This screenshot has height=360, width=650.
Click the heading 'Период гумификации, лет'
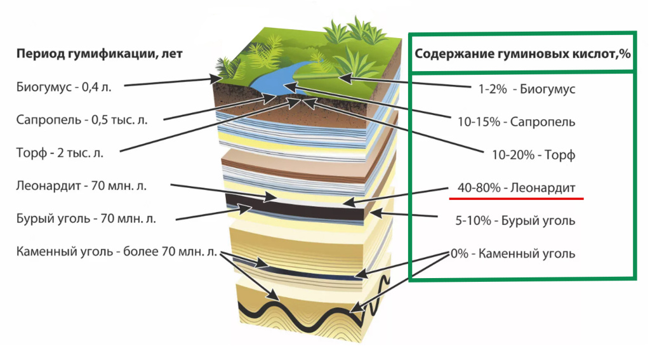coord(99,53)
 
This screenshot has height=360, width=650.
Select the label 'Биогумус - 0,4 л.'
coord(64,86)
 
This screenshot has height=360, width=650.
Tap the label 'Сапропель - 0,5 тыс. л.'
coord(82,119)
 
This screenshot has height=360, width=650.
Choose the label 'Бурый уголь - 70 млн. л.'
coord(86,218)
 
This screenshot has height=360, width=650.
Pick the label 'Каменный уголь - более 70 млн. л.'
coord(116,251)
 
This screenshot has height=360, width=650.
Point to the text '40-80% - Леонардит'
coord(515,188)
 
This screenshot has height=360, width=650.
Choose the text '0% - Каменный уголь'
coord(513,254)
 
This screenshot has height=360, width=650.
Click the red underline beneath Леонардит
coord(515,198)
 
